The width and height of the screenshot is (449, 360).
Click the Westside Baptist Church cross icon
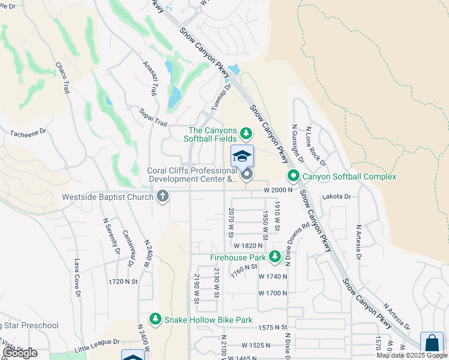(162, 196)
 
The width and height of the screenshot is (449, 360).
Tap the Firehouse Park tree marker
(275, 257)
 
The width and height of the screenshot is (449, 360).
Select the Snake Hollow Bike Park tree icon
(155, 319)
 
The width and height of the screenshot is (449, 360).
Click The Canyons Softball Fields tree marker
(246, 133)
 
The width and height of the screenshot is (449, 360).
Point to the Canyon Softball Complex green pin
(294, 176)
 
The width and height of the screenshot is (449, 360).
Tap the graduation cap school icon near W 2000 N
(242, 157)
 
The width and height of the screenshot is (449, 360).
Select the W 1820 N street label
(249, 246)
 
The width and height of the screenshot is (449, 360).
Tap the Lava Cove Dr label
(77, 274)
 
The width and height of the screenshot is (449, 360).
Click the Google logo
(20, 353)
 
